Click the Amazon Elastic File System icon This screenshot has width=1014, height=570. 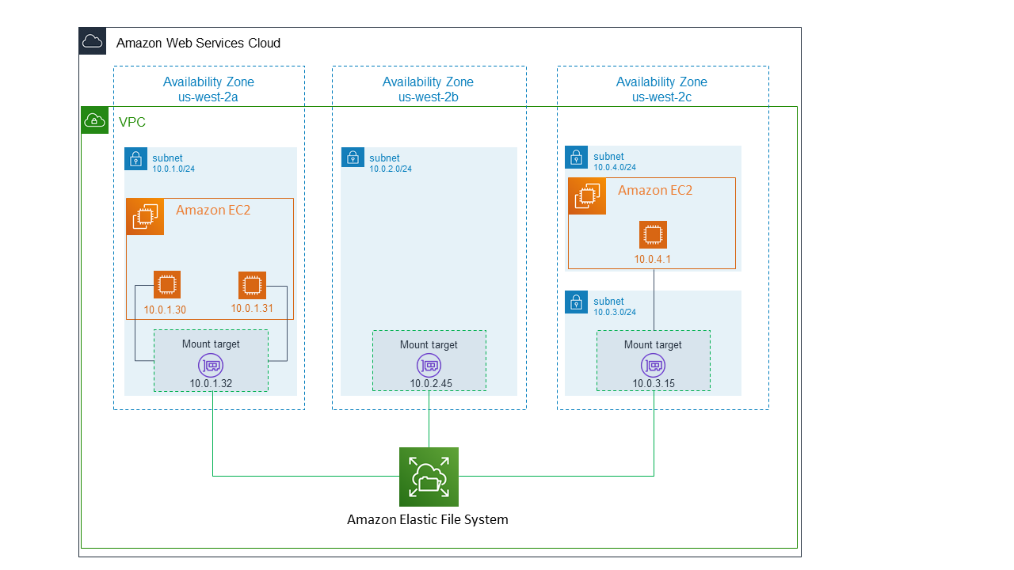[429, 477]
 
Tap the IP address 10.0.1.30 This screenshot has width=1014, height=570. [165, 310]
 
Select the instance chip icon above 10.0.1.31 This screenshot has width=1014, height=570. [252, 285]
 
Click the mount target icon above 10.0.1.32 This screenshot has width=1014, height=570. [211, 365]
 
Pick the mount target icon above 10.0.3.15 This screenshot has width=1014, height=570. [653, 365]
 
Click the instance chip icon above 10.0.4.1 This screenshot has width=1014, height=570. [653, 235]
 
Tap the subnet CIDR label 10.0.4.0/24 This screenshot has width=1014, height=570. [615, 168]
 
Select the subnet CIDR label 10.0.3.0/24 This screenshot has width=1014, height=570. [615, 312]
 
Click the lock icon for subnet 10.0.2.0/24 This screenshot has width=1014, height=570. [353, 157]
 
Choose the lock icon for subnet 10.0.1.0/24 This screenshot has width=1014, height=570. [135, 158]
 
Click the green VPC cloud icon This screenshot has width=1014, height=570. [95, 120]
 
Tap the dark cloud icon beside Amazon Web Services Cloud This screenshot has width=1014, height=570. [93, 41]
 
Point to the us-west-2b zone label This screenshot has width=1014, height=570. [428, 97]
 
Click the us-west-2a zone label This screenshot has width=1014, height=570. [208, 97]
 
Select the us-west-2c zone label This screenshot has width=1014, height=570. [661, 97]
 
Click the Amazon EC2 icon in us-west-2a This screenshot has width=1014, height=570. [145, 216]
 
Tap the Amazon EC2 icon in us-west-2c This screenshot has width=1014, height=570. [587, 196]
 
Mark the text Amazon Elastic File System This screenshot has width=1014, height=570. [428, 520]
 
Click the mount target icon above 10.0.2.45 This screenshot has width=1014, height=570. [429, 365]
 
